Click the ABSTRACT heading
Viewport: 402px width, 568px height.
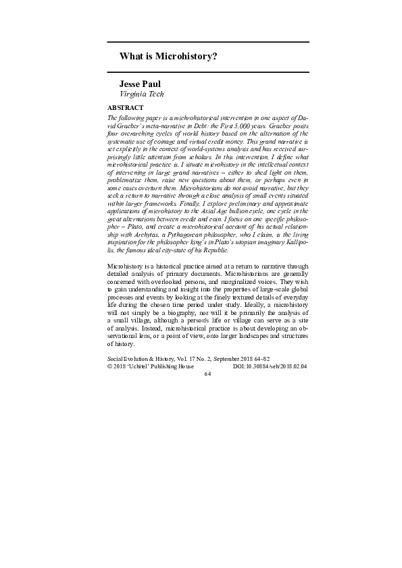[x=126, y=107]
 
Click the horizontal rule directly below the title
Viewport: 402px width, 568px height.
[x=208, y=72]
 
